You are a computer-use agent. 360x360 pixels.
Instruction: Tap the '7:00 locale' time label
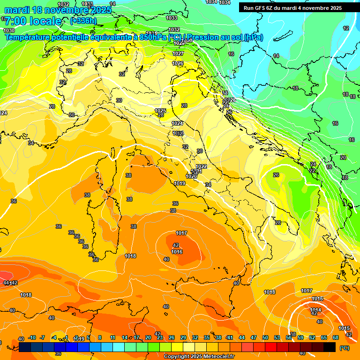tap(33, 21)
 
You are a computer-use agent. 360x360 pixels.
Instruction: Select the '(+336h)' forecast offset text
tap(83, 21)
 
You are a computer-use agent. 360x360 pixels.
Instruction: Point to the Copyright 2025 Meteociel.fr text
tap(199, 356)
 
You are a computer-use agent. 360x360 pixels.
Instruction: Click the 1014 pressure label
tap(315, 309)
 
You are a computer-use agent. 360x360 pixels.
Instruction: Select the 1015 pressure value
tap(344, 328)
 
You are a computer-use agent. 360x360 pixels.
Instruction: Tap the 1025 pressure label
tap(160, 111)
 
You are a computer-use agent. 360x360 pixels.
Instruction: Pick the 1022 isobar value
tap(201, 166)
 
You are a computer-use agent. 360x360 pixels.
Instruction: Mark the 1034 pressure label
tap(225, 2)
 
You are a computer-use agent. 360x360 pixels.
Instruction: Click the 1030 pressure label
tap(8, 30)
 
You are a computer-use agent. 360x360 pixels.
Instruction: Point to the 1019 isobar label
tap(179, 183)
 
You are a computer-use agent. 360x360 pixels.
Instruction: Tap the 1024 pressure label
tap(177, 123)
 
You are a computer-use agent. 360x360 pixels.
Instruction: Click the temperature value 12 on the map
tap(346, 28)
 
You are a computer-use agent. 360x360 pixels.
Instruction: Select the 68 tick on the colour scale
tap(336, 337)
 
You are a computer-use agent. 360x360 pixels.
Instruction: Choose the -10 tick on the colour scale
tap(32, 337)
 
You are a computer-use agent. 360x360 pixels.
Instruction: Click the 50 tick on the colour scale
tap(265, 337)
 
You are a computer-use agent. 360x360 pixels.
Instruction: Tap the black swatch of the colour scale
tap(329, 347)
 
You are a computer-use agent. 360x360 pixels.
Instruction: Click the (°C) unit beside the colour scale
tap(345, 348)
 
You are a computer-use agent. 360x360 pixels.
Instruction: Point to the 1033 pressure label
tap(172, 18)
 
